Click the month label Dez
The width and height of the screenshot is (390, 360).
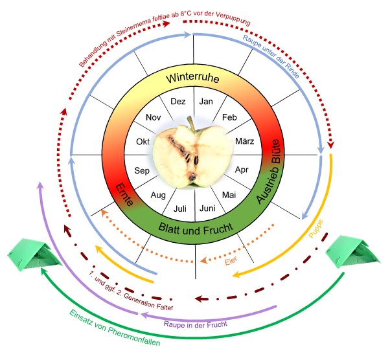coord(178,101)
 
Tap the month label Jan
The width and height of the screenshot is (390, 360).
coord(206,101)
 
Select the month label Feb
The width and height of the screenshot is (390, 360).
coord(229,117)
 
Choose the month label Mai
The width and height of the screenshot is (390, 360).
coord(229,194)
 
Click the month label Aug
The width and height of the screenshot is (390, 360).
coord(158,195)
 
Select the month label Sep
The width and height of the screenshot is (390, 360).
coord(142,170)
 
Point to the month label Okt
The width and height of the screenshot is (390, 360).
coord(143,141)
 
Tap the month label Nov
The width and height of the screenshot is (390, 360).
coord(154,117)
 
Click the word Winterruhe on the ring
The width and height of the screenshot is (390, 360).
coord(192,78)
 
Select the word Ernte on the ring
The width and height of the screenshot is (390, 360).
coord(124,196)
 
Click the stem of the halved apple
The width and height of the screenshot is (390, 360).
coord(190,123)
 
